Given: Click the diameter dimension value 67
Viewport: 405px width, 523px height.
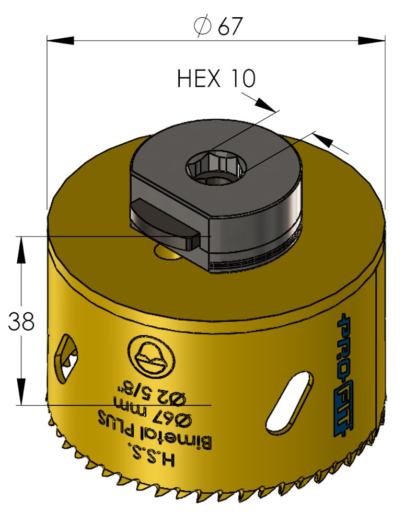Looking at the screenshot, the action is [x=229, y=26].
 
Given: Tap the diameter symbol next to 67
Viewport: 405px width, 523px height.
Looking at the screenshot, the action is [x=202, y=26].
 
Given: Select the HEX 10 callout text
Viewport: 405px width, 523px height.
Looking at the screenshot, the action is [x=216, y=79].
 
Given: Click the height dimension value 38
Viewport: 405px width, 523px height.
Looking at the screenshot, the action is [x=21, y=321].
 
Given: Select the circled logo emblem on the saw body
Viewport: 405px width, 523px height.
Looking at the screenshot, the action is [x=151, y=357].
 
